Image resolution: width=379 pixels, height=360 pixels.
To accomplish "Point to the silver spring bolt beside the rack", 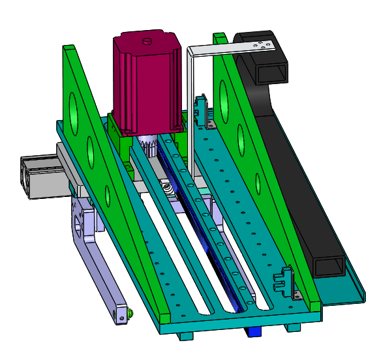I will pos(168,188).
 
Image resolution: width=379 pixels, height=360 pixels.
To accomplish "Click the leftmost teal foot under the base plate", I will pos(186,336).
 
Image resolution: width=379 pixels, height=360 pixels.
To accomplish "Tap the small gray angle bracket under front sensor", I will pos(297,294).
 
